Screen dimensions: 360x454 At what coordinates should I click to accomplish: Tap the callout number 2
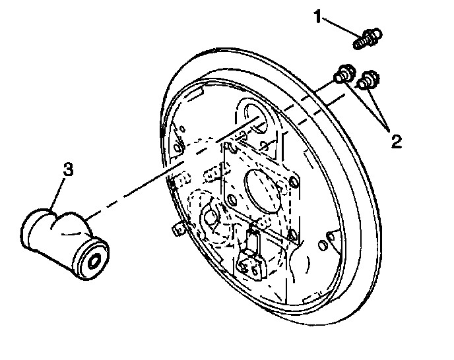click(396, 140)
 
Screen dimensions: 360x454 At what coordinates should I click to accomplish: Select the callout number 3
click(67, 170)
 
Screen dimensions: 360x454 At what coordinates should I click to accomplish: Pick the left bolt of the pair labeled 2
click(343, 75)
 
